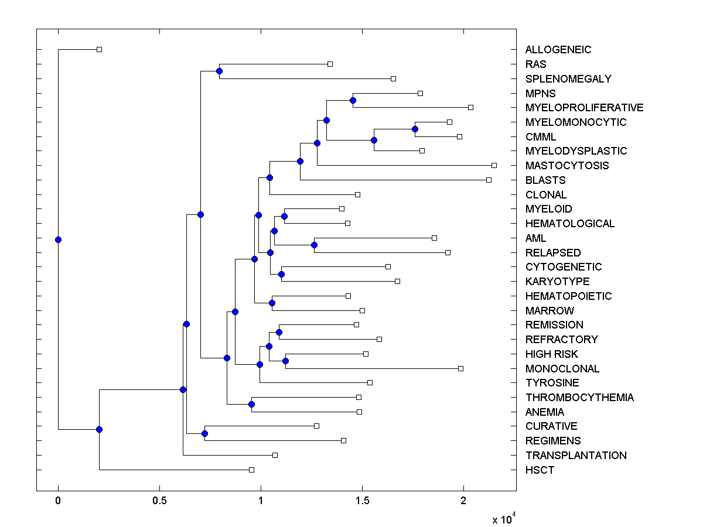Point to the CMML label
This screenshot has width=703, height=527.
pyautogui.click(x=541, y=136)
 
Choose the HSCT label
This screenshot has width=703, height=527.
pyautogui.click(x=540, y=470)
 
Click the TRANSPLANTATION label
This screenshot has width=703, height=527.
pyautogui.click(x=576, y=455)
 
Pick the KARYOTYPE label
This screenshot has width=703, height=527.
pyautogui.click(x=557, y=282)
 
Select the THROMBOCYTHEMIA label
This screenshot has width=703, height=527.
pyautogui.click(x=579, y=398)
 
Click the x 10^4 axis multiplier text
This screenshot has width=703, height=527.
pyautogui.click(x=503, y=519)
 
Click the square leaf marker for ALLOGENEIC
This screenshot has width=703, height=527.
pyautogui.click(x=99, y=49)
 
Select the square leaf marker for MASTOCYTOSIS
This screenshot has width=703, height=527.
pyautogui.click(x=494, y=165)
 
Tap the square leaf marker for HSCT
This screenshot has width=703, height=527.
pyautogui.click(x=251, y=470)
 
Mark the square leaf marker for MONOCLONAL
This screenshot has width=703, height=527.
pyautogui.click(x=460, y=368)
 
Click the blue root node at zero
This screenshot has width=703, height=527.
pyautogui.click(x=58, y=239)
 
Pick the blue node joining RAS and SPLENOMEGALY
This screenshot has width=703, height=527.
pyautogui.click(x=219, y=71)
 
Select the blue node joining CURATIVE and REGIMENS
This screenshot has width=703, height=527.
pyautogui.click(x=204, y=433)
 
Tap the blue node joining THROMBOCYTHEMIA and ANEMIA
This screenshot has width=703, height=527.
pyautogui.click(x=251, y=404)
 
